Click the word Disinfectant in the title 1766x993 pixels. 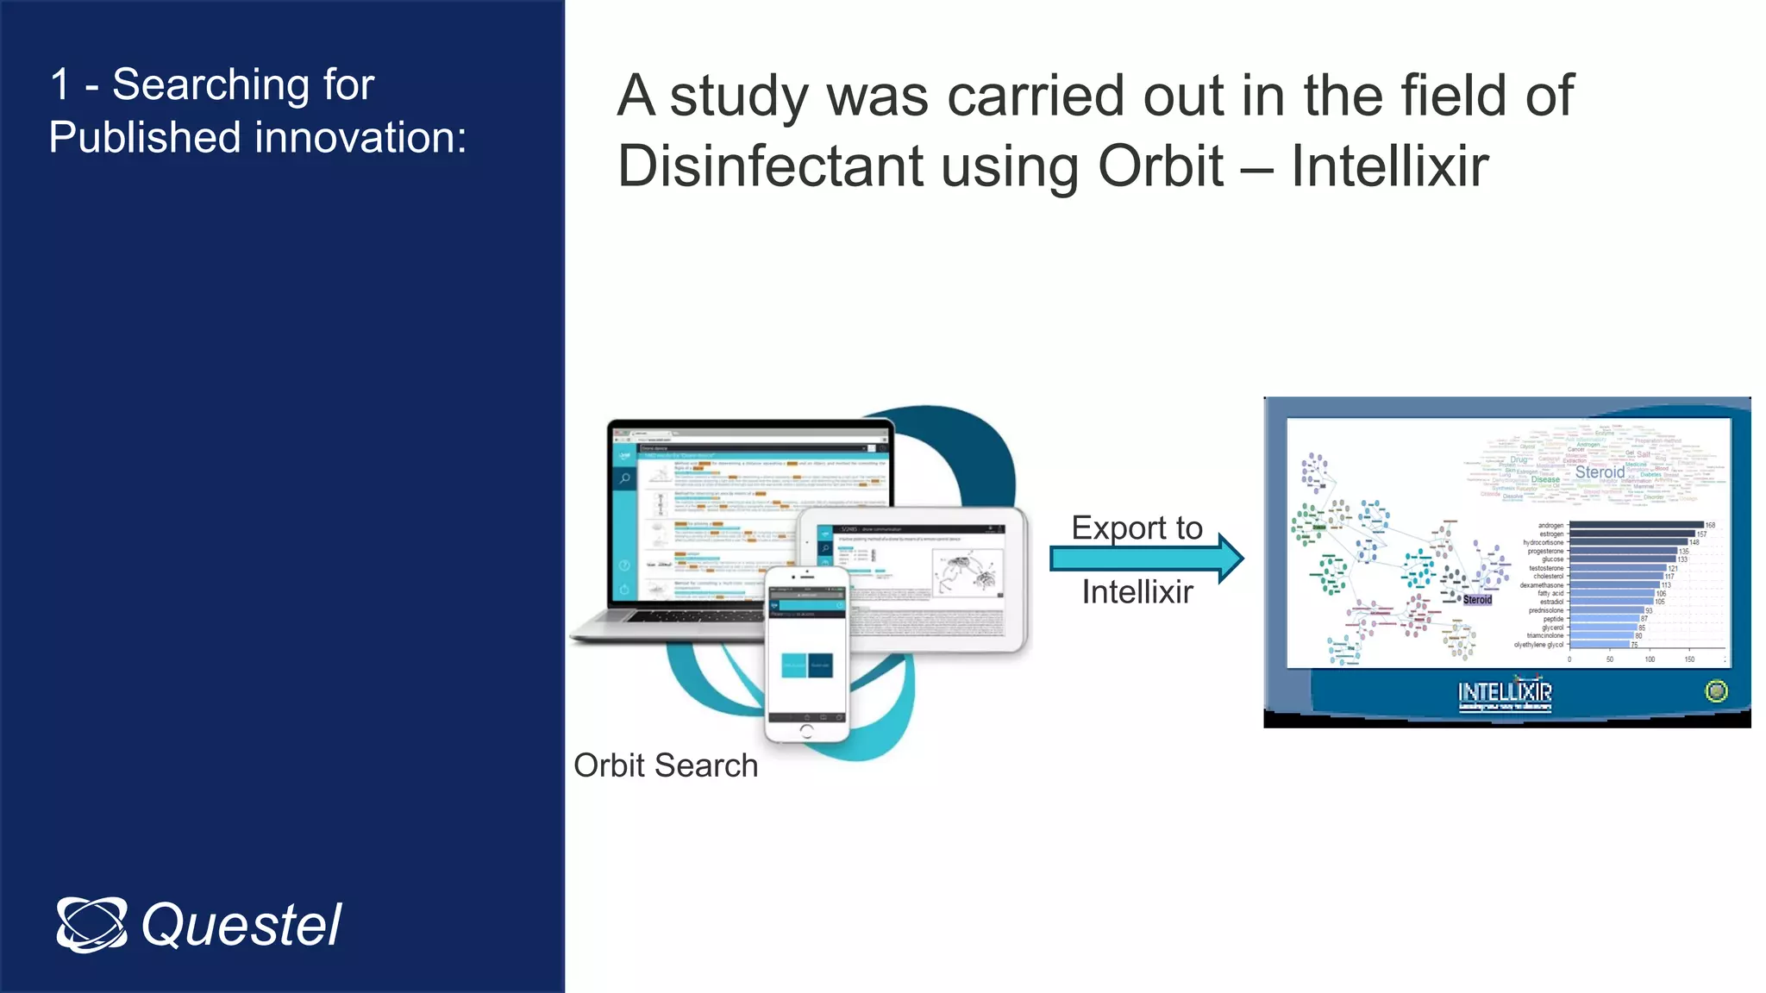(x=769, y=166)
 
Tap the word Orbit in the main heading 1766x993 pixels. (x=1160, y=166)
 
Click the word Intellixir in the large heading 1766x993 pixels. (x=1389, y=166)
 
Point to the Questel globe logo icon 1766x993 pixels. (x=91, y=925)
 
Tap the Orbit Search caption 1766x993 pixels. (x=665, y=765)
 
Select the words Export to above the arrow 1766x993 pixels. (x=1137, y=528)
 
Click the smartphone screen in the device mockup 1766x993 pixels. (x=806, y=655)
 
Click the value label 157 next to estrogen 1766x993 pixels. (x=1701, y=534)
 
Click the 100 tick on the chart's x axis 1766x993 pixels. (x=1650, y=659)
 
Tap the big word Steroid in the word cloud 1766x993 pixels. (x=1600, y=472)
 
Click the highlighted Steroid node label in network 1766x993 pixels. (x=1477, y=600)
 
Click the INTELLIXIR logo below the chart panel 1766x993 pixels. (x=1505, y=694)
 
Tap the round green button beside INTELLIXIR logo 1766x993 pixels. (x=1716, y=691)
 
